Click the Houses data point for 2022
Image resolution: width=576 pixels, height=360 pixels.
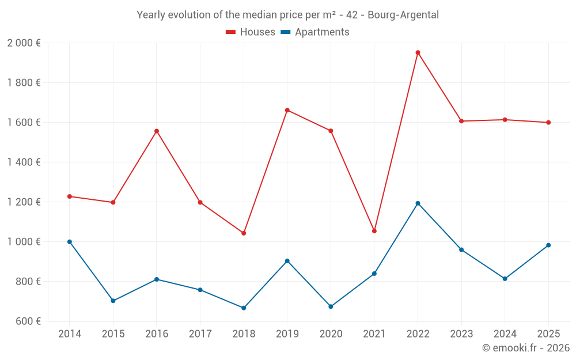point(418,52)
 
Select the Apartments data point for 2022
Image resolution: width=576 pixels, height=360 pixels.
point(418,203)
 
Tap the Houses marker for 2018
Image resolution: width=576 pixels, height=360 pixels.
point(244,233)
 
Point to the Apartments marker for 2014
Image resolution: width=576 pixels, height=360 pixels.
point(70,242)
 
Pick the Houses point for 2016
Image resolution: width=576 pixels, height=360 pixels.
point(157,131)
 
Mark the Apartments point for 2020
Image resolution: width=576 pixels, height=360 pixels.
point(331,306)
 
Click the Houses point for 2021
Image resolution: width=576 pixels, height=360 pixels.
point(374,231)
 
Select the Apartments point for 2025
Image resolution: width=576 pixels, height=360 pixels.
point(548,245)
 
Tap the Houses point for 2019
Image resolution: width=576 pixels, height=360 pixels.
point(287,110)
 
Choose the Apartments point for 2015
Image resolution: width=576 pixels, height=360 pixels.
point(113,301)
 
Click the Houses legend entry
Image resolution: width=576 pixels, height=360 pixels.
point(251,32)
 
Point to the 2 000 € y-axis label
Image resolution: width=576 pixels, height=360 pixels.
point(24,43)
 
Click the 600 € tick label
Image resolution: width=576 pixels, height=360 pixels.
point(28,321)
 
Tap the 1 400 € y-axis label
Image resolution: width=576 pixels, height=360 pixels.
point(24,162)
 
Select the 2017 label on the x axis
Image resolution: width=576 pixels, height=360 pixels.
point(200,334)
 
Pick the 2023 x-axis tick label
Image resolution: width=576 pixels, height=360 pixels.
point(461,334)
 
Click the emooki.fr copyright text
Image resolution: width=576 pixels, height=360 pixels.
point(525,348)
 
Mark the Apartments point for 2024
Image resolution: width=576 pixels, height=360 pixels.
point(505,279)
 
